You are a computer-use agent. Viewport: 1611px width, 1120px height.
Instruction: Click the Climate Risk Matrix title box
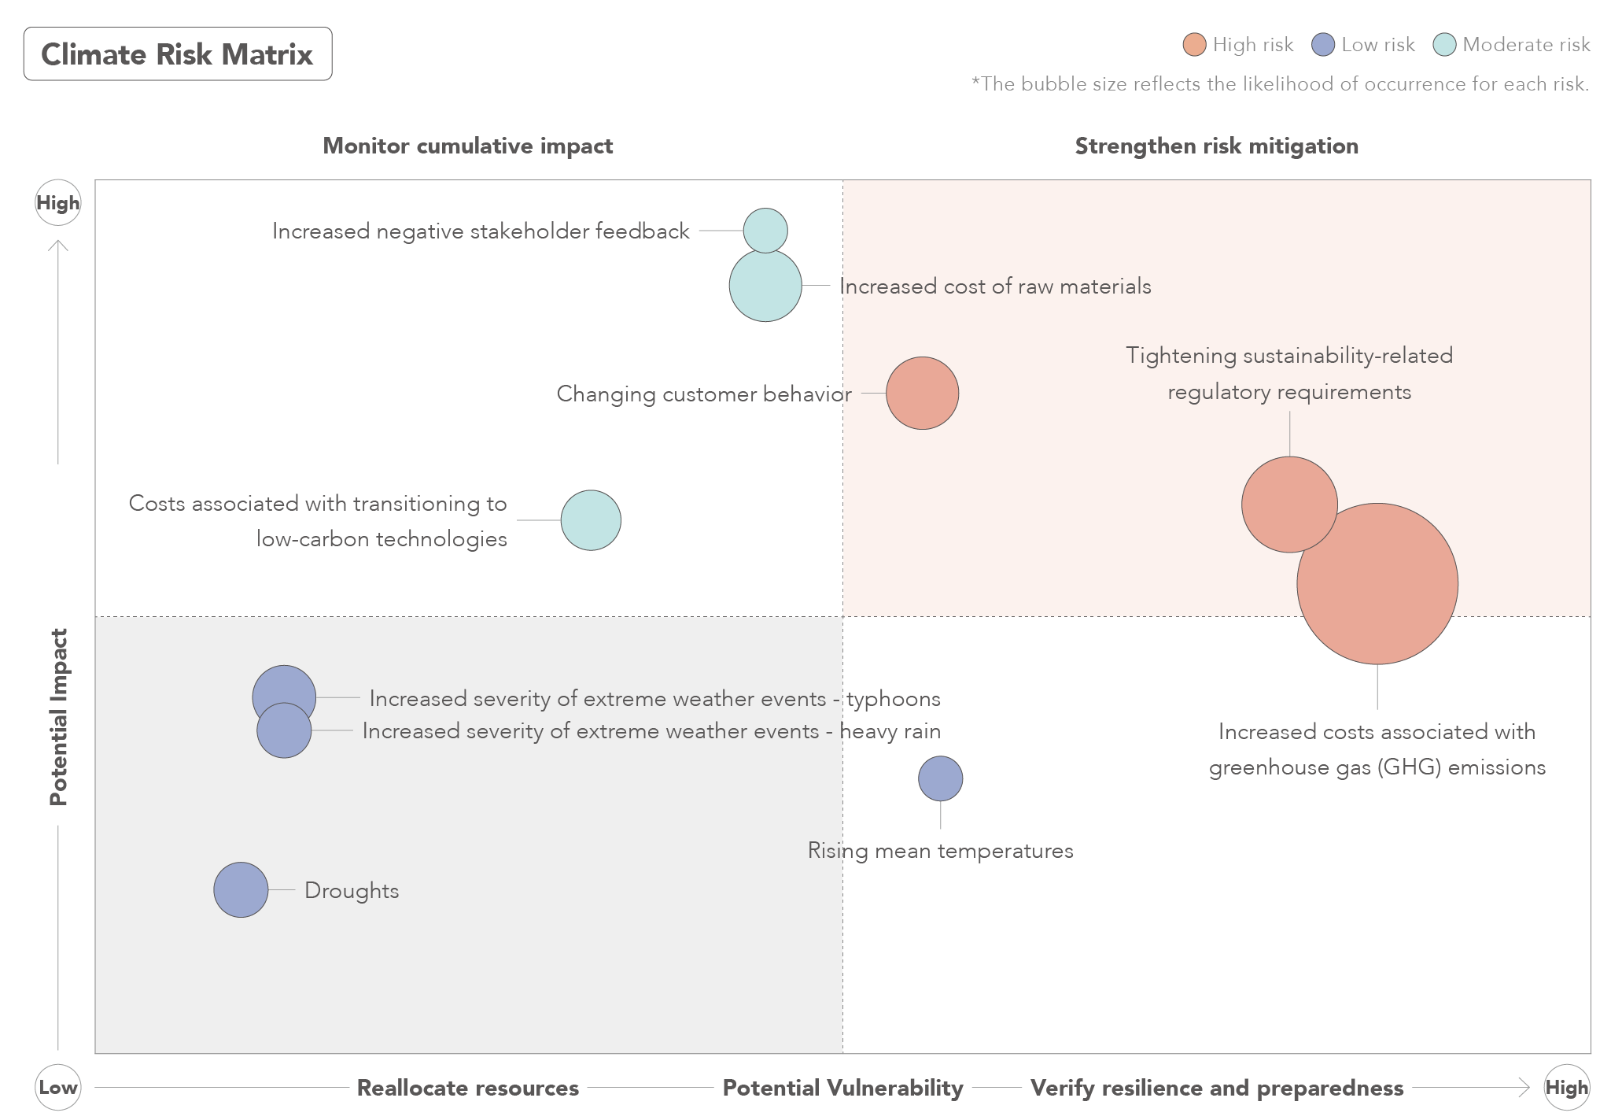coord(178,54)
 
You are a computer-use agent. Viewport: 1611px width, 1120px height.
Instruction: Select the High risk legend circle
coord(1194,45)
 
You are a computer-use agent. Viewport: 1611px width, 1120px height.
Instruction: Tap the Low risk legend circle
coord(1323,45)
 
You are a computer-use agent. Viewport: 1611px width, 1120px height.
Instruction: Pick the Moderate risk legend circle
coord(1444,45)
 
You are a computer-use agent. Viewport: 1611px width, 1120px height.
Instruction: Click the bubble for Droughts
coord(241,889)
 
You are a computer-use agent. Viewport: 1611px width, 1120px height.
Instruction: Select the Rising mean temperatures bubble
coord(940,778)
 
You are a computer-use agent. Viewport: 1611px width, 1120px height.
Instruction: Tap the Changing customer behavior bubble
coord(922,393)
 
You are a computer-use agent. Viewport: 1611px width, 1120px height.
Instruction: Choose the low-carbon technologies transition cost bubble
coord(591,520)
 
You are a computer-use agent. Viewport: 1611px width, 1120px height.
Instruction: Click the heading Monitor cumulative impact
coord(468,146)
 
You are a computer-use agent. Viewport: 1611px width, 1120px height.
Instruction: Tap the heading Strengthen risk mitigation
coord(1216,146)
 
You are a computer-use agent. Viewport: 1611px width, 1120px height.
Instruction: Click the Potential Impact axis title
coord(59,716)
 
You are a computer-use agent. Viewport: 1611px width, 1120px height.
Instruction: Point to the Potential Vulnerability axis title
coord(842,1088)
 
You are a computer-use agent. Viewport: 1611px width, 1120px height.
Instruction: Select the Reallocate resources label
coord(468,1088)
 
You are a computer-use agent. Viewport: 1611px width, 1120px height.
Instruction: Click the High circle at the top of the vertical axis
coord(58,203)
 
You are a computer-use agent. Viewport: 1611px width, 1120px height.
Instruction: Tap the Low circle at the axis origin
coord(58,1088)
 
